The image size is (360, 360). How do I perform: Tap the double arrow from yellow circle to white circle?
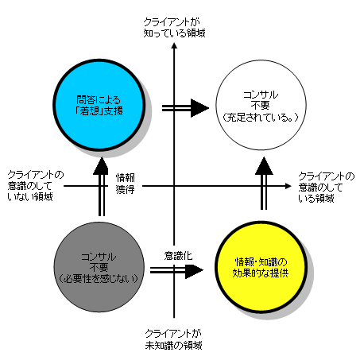tap(264, 184)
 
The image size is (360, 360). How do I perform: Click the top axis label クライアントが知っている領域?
tap(174, 25)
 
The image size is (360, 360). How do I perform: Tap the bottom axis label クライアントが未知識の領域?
tap(174, 340)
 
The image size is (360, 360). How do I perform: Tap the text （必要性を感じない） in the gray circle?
tap(99, 277)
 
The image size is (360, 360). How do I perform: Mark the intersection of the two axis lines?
tap(174, 187)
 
